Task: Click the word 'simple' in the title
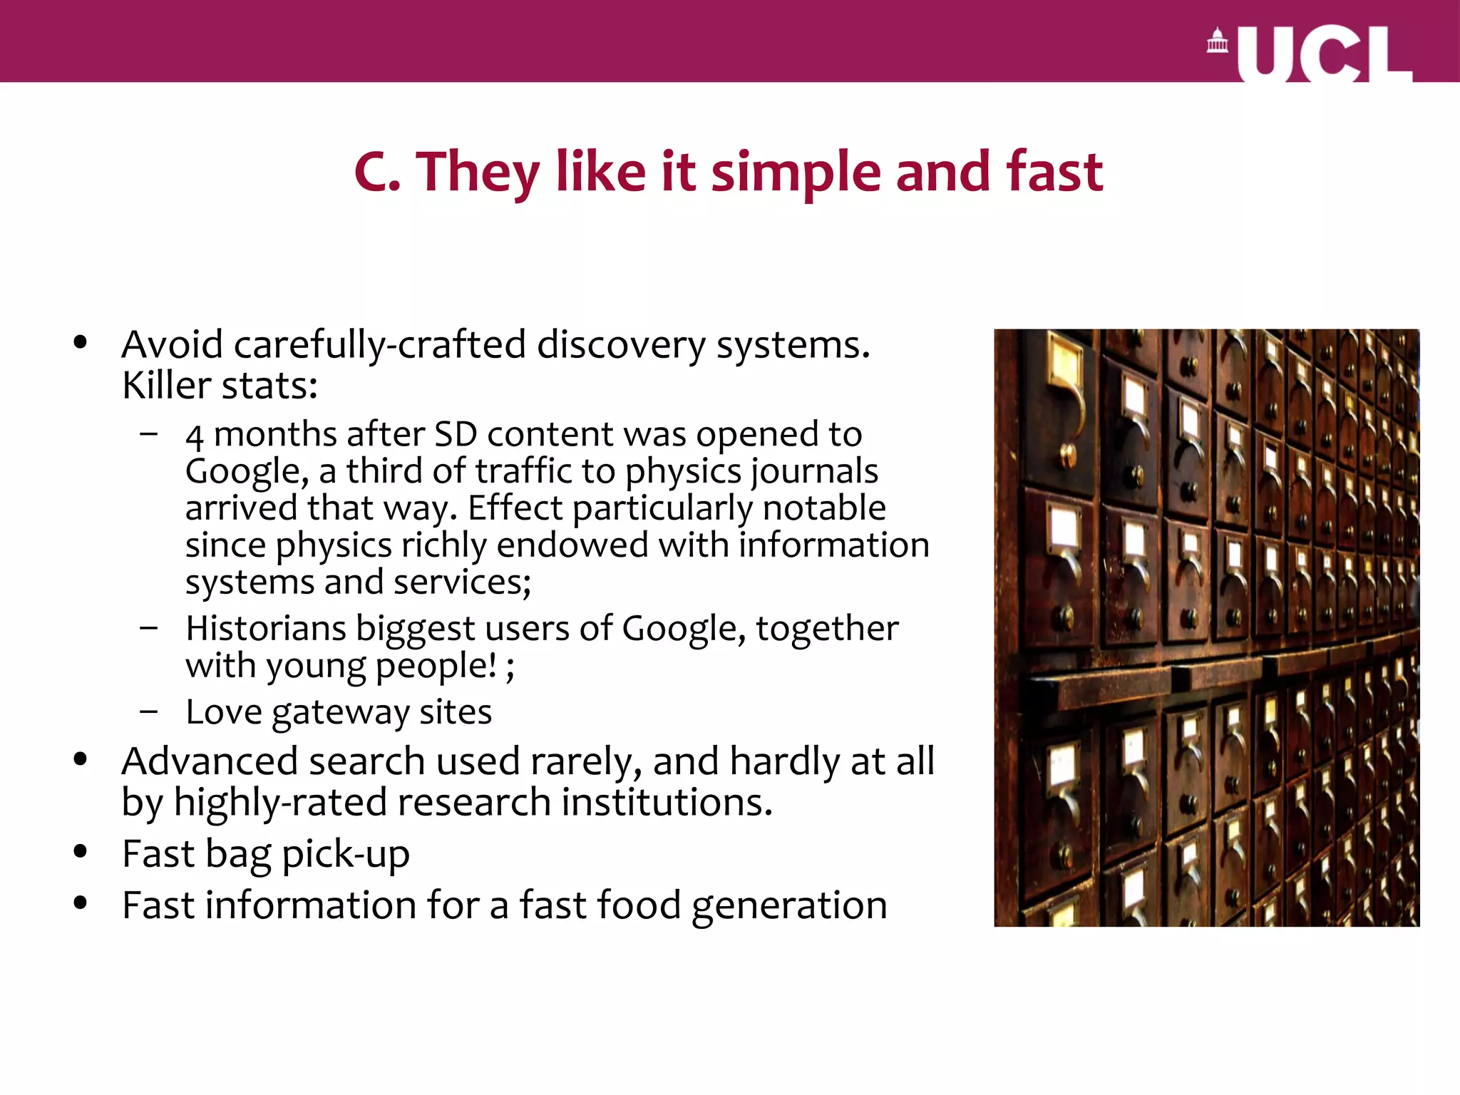[796, 173]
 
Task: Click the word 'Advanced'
[210, 761]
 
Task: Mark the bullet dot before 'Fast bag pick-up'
[80, 852]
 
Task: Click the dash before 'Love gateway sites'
[149, 711]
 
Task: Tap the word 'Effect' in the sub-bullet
[515, 508]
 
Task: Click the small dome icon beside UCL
[1217, 41]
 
